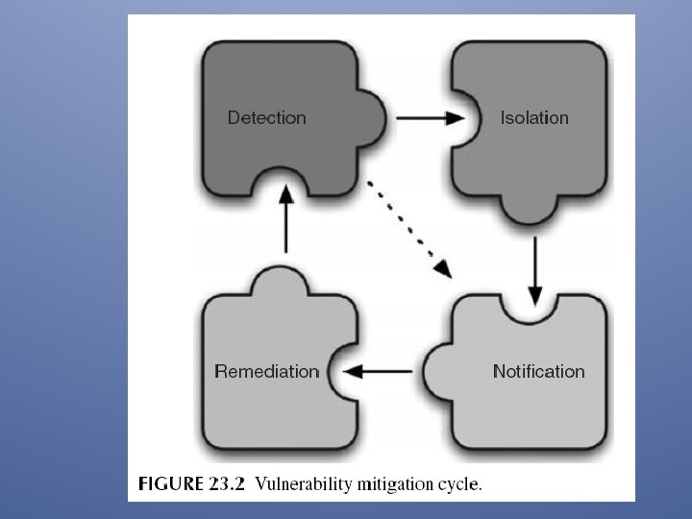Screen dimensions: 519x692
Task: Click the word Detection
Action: pyautogui.click(x=266, y=118)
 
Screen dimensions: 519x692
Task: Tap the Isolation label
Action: pyautogui.click(x=534, y=118)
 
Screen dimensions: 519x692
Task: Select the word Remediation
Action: pyautogui.click(x=266, y=371)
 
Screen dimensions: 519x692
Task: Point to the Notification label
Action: pyautogui.click(x=538, y=371)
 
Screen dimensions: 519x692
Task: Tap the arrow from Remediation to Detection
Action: pyautogui.click(x=284, y=219)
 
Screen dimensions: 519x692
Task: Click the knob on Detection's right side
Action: pyautogui.click(x=376, y=118)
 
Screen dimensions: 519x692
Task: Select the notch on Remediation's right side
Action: pyautogui.click(x=335, y=371)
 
